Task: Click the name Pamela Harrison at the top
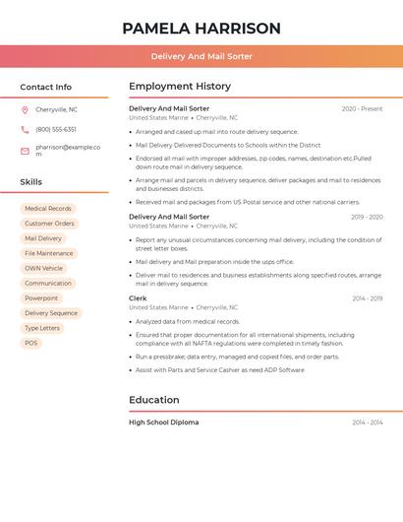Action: pyautogui.click(x=201, y=29)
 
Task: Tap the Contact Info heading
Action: pyautogui.click(x=46, y=87)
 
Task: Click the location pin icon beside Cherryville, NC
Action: pyautogui.click(x=25, y=109)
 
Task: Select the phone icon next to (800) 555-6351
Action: pyautogui.click(x=25, y=129)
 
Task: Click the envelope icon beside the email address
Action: pyautogui.click(x=25, y=150)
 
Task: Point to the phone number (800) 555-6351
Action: pyautogui.click(x=56, y=129)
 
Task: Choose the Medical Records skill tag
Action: pyautogui.click(x=48, y=209)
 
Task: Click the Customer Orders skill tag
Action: pyautogui.click(x=49, y=224)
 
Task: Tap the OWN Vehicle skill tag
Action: pyautogui.click(x=43, y=268)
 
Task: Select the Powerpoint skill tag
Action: pyautogui.click(x=41, y=297)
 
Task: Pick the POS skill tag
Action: pyautogui.click(x=31, y=343)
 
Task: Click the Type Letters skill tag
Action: pyautogui.click(x=42, y=328)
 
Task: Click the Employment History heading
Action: pyautogui.click(x=180, y=87)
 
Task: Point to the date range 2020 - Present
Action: pyautogui.click(x=362, y=108)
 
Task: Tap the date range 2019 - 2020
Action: pyautogui.click(x=367, y=217)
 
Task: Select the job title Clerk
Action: pyautogui.click(x=138, y=297)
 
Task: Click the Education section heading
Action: pyautogui.click(x=154, y=400)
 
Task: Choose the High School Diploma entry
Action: pyautogui.click(x=163, y=422)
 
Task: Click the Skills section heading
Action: pyautogui.click(x=31, y=182)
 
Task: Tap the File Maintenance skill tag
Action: pyautogui.click(x=49, y=253)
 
